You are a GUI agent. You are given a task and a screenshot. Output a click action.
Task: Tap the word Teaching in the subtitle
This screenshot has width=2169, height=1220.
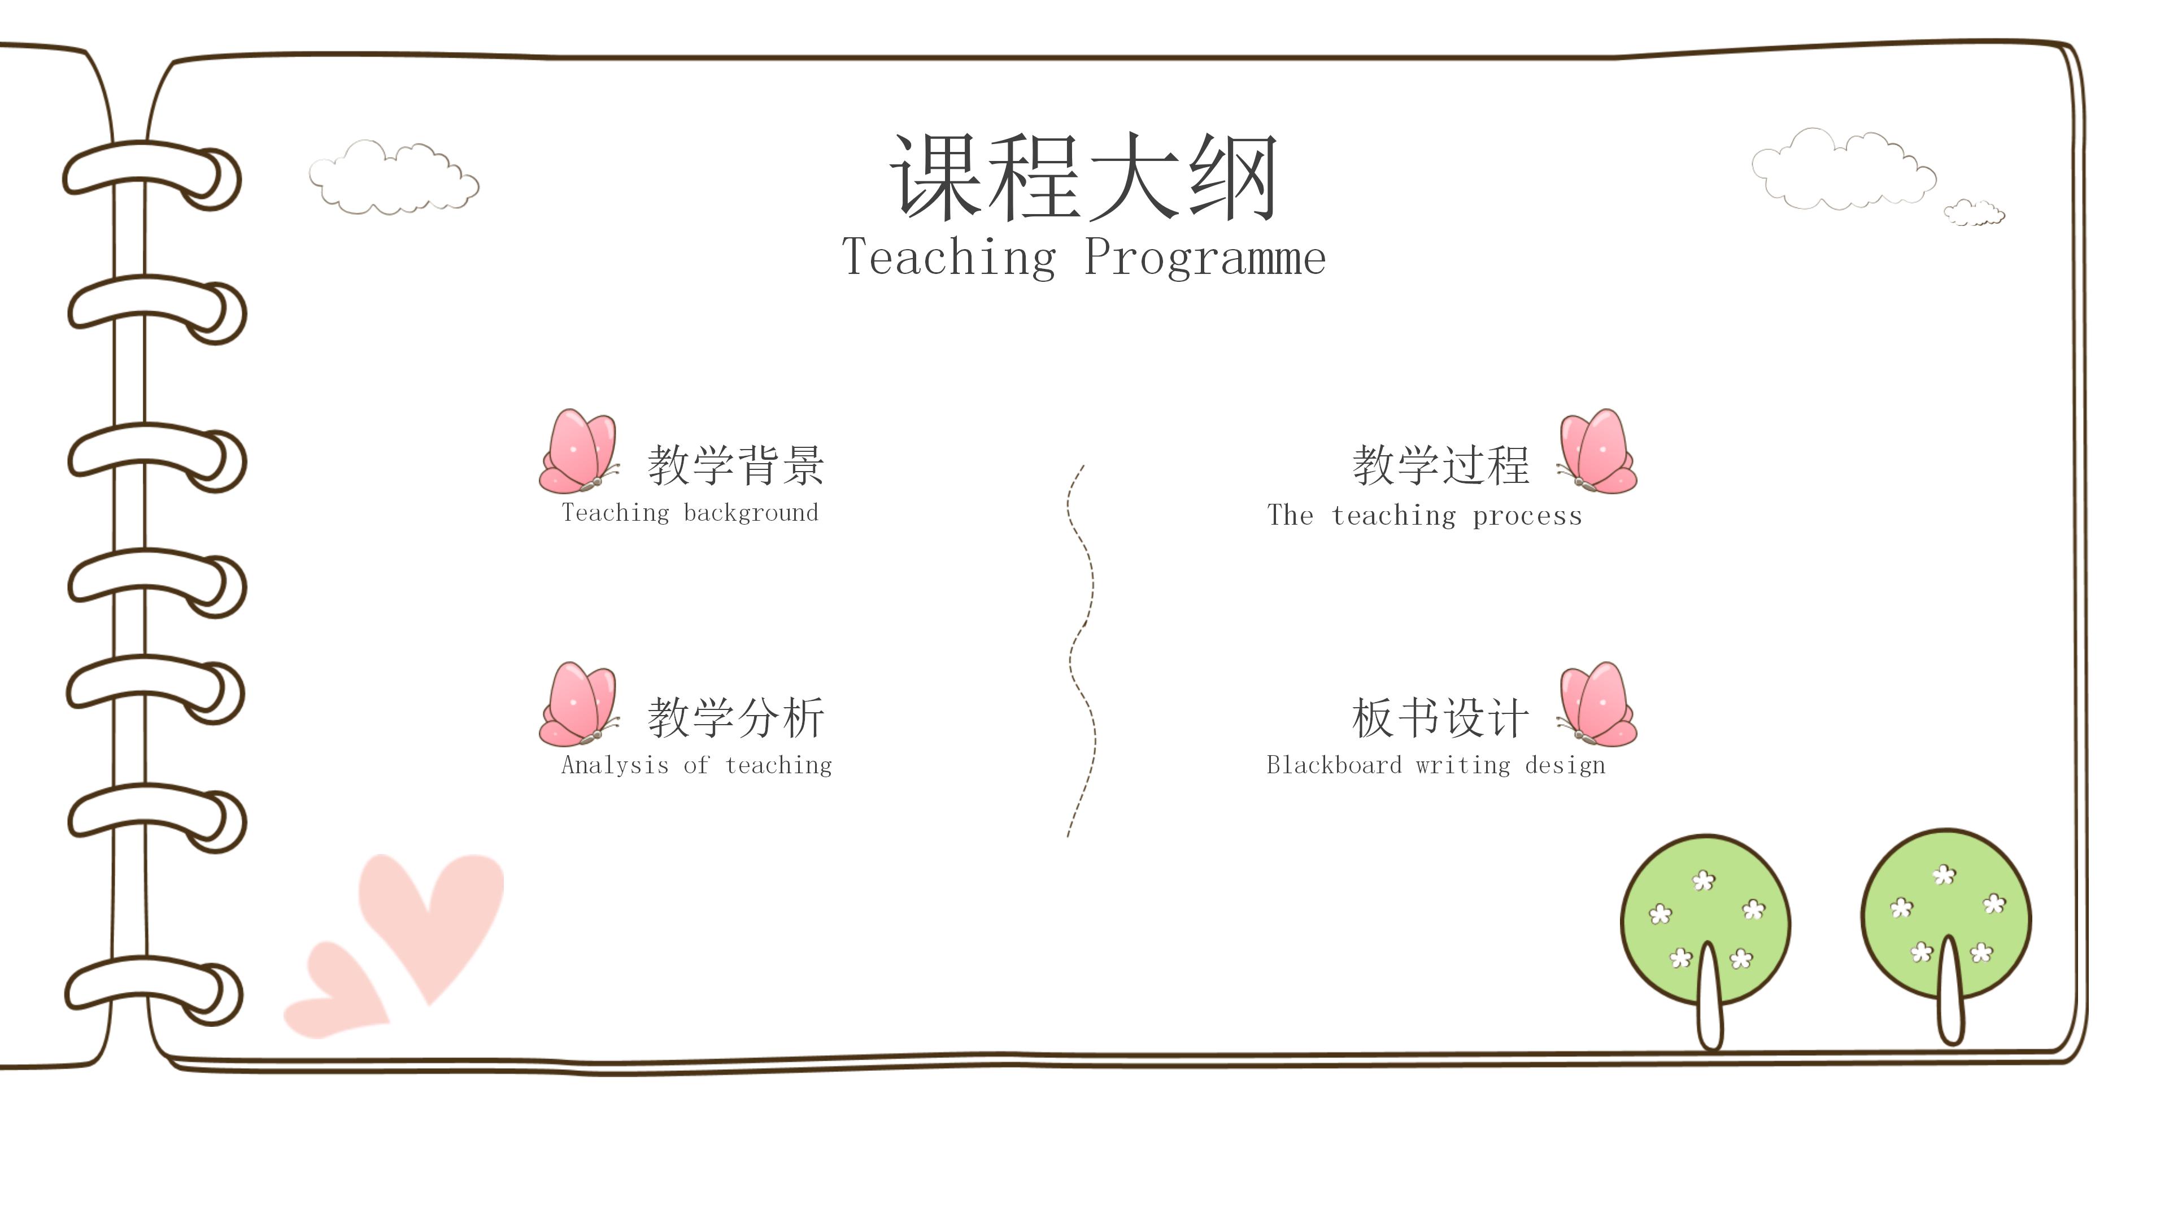point(948,257)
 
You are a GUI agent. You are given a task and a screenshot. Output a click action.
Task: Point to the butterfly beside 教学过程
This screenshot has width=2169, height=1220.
point(1597,452)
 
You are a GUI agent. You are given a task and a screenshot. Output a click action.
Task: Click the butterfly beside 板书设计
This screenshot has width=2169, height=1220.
point(1597,705)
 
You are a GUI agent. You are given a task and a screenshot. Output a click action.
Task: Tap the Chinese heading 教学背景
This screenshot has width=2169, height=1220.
point(735,465)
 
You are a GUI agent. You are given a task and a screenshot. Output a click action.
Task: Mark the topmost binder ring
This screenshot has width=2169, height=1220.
point(151,175)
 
